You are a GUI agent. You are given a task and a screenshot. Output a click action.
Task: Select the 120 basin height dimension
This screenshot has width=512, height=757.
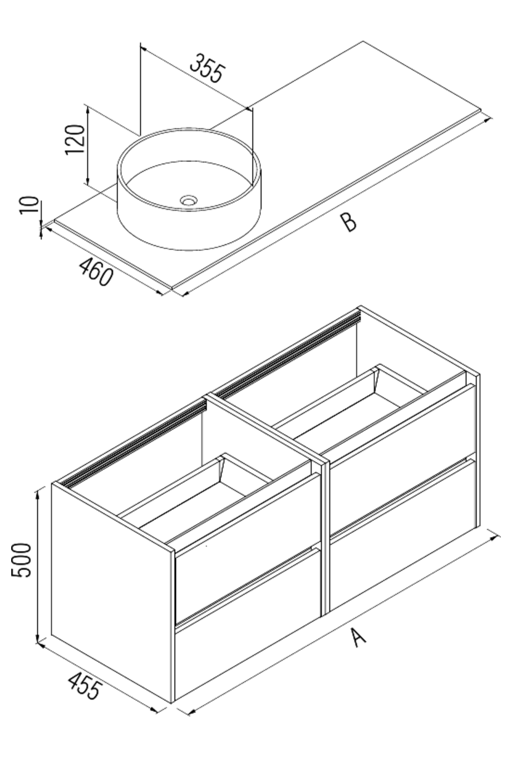pyautogui.click(x=75, y=140)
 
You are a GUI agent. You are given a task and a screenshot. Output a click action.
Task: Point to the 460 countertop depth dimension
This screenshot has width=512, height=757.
pyautogui.click(x=96, y=271)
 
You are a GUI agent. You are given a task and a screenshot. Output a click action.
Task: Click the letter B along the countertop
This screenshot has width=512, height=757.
pyautogui.click(x=348, y=223)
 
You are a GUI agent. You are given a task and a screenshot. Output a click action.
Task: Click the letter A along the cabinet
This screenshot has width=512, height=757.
pyautogui.click(x=359, y=637)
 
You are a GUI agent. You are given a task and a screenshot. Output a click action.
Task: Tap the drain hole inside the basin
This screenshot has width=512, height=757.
pyautogui.click(x=189, y=199)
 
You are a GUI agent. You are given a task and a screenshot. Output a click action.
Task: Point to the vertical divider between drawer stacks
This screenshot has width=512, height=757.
pyautogui.click(x=326, y=534)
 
